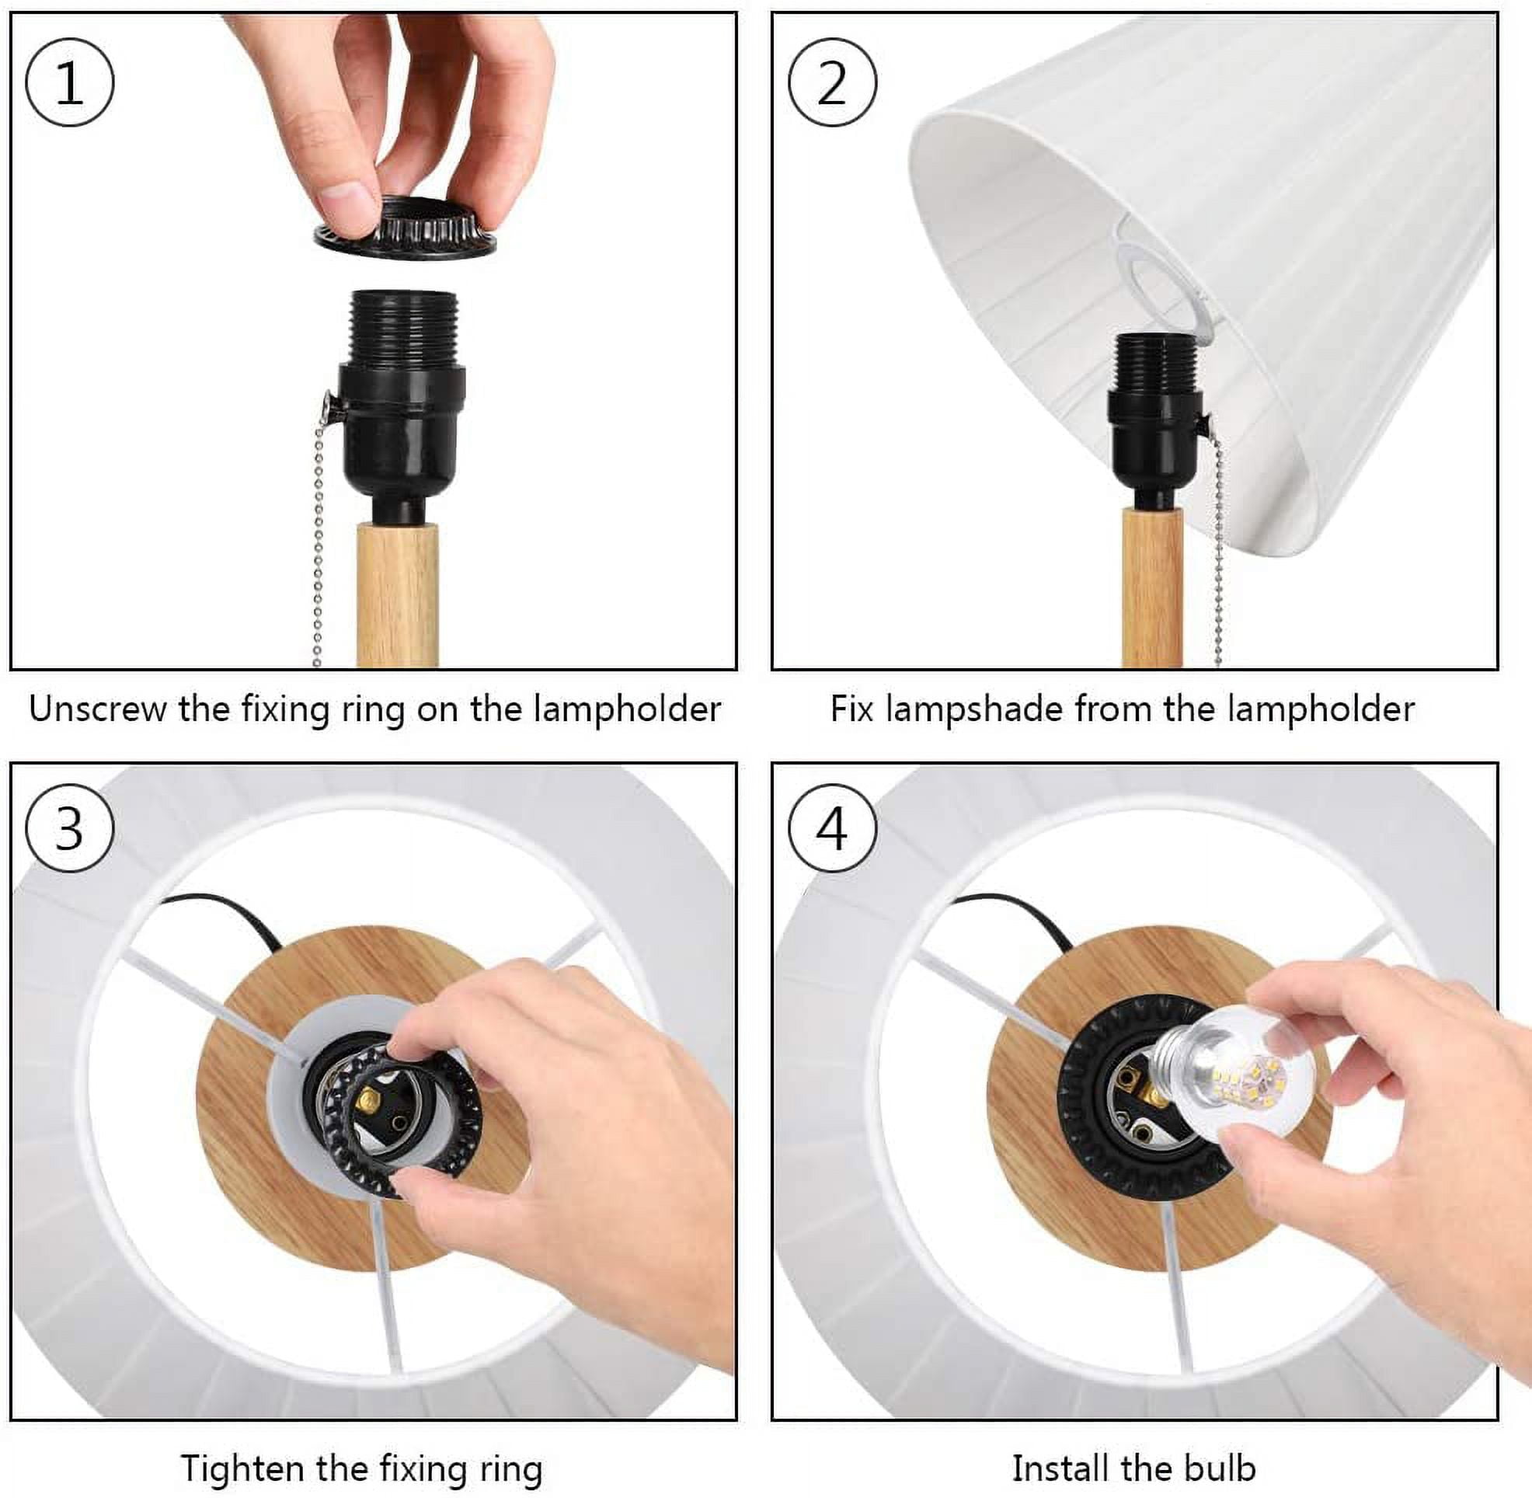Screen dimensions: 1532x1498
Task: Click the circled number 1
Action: pyautogui.click(x=69, y=82)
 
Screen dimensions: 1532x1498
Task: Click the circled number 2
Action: pyautogui.click(x=832, y=82)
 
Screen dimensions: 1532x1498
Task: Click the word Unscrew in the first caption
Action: pyautogui.click(x=98, y=709)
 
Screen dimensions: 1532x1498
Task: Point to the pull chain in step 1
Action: pyautogui.click(x=319, y=535)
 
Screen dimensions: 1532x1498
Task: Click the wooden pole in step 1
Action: pyautogui.click(x=397, y=594)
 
